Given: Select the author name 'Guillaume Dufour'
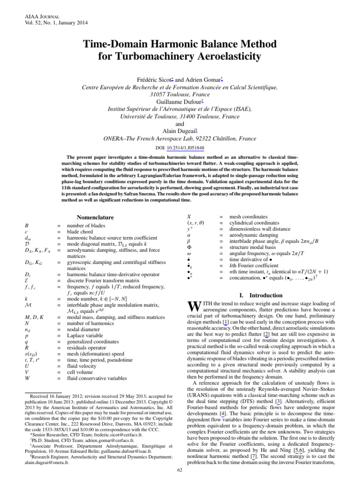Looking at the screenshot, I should tap(180, 101).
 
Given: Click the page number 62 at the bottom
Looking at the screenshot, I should tap(180, 470).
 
